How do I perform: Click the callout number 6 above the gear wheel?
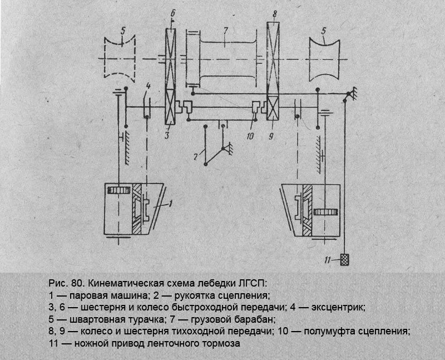click(173, 11)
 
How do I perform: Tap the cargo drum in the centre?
click(225, 58)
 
